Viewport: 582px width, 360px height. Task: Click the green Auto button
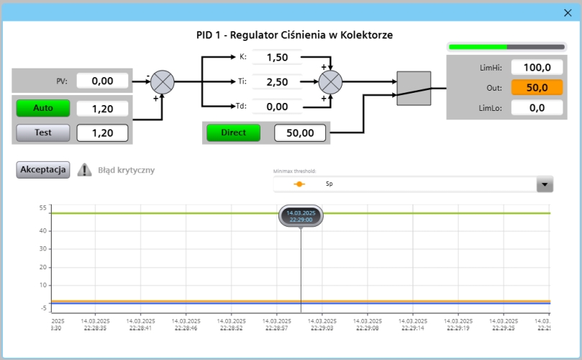(43, 108)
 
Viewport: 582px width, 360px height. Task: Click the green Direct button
(233, 132)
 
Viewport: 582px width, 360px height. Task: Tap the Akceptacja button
(43, 170)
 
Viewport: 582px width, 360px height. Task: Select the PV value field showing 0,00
(103, 81)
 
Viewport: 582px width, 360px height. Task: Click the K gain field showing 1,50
(277, 57)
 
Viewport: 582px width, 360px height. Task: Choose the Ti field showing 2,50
(277, 82)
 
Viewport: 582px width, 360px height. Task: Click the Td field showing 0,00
(277, 107)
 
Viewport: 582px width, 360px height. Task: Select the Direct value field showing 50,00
(299, 133)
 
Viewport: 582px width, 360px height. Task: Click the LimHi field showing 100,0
(536, 68)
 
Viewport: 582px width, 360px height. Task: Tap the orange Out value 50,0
(536, 88)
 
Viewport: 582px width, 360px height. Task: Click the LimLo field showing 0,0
(536, 108)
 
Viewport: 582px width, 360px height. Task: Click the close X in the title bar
(567, 12)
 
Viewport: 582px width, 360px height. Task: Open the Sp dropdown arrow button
(545, 184)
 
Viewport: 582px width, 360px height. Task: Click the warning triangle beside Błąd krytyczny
(85, 170)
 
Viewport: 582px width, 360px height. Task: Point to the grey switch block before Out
(414, 89)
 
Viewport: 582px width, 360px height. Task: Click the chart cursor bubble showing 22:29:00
(301, 216)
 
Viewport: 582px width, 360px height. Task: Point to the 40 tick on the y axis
(43, 230)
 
